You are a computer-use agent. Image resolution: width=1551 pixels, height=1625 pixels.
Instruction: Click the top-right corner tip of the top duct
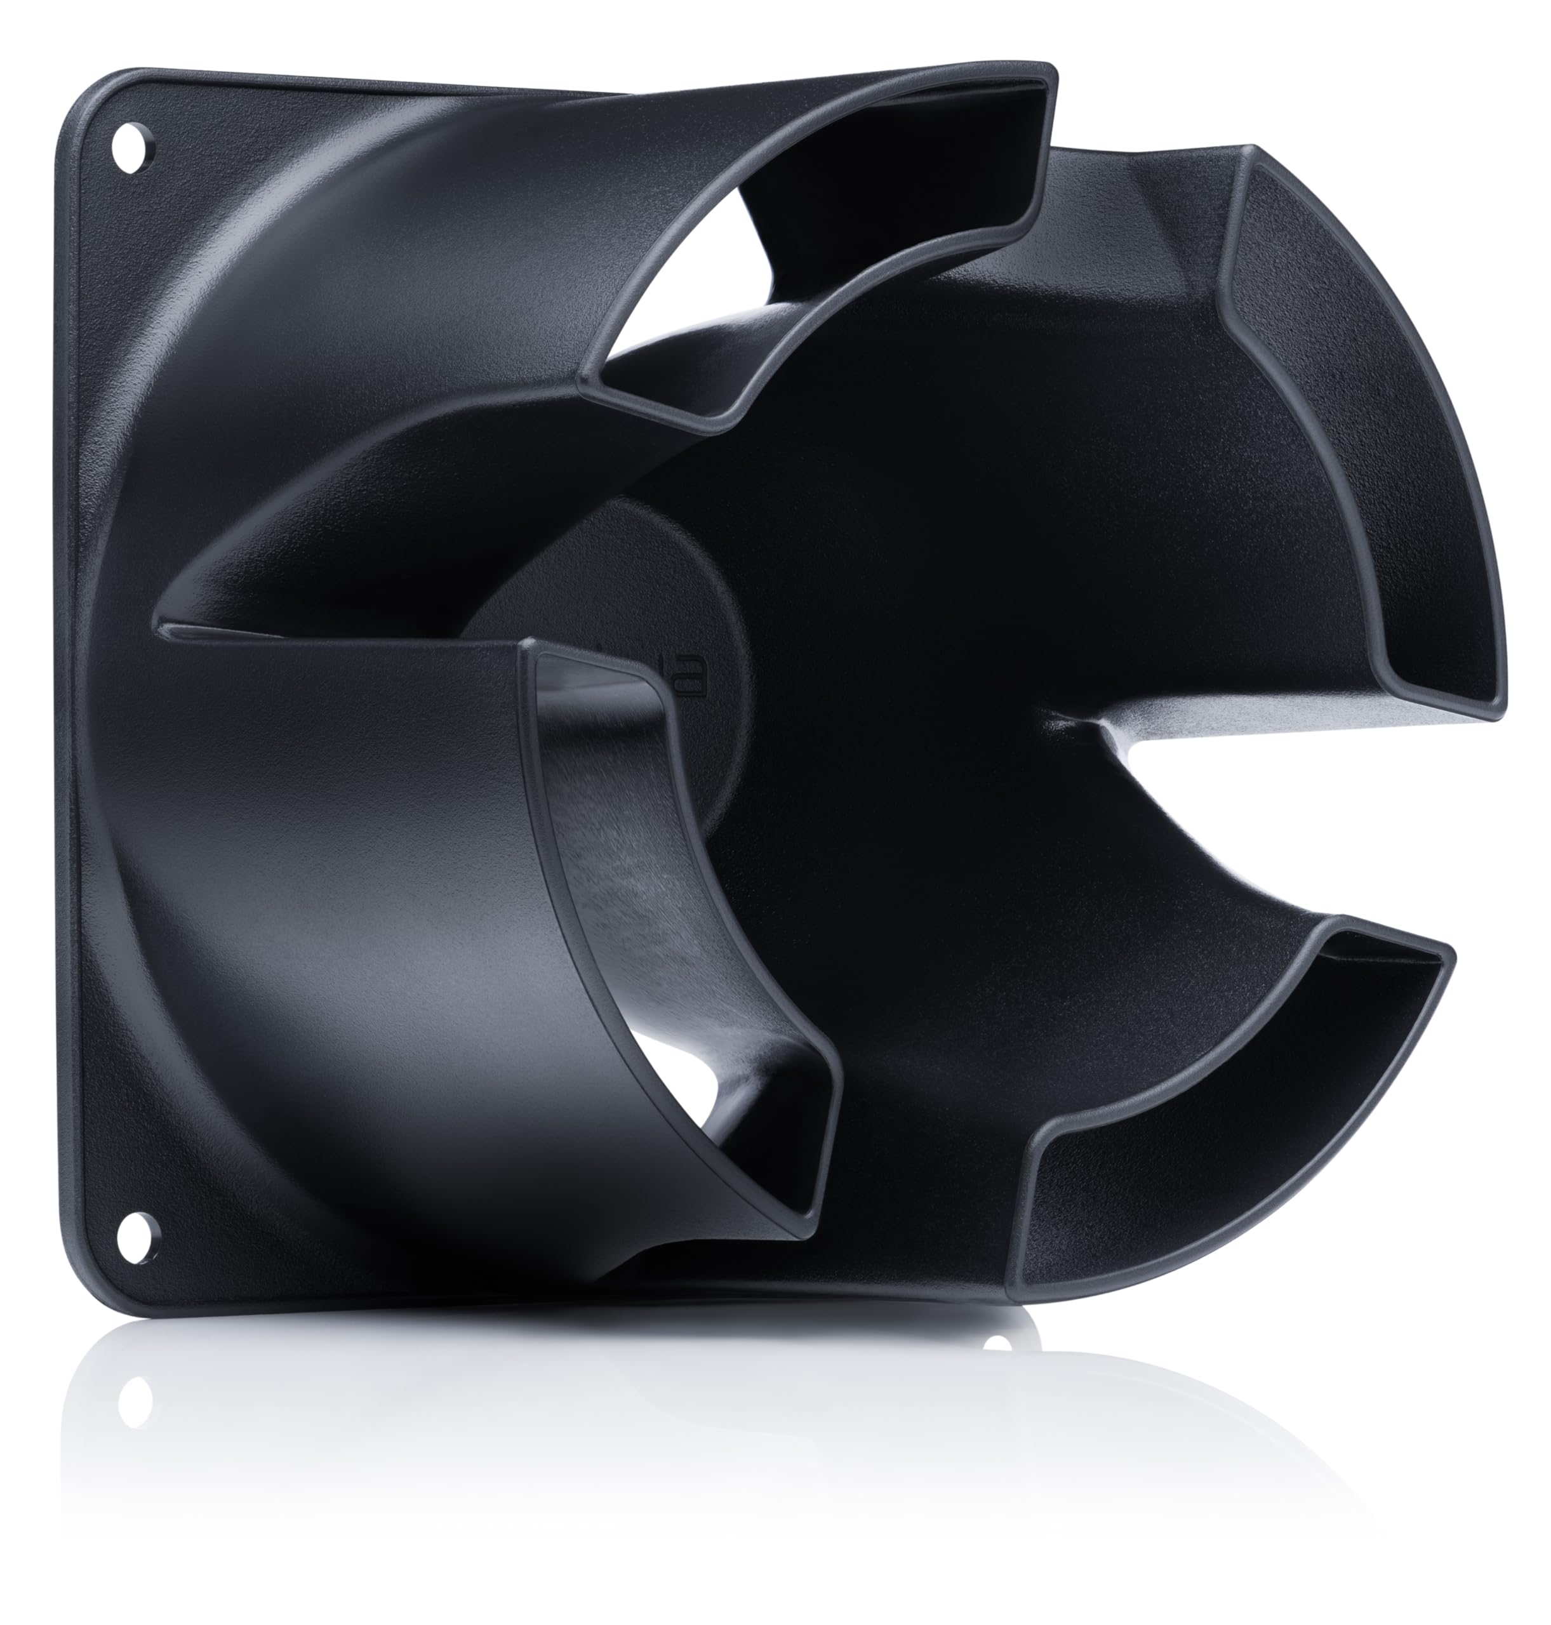tap(1051, 70)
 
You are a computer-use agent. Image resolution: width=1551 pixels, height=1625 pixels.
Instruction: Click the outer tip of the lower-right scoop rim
tap(1451, 950)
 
